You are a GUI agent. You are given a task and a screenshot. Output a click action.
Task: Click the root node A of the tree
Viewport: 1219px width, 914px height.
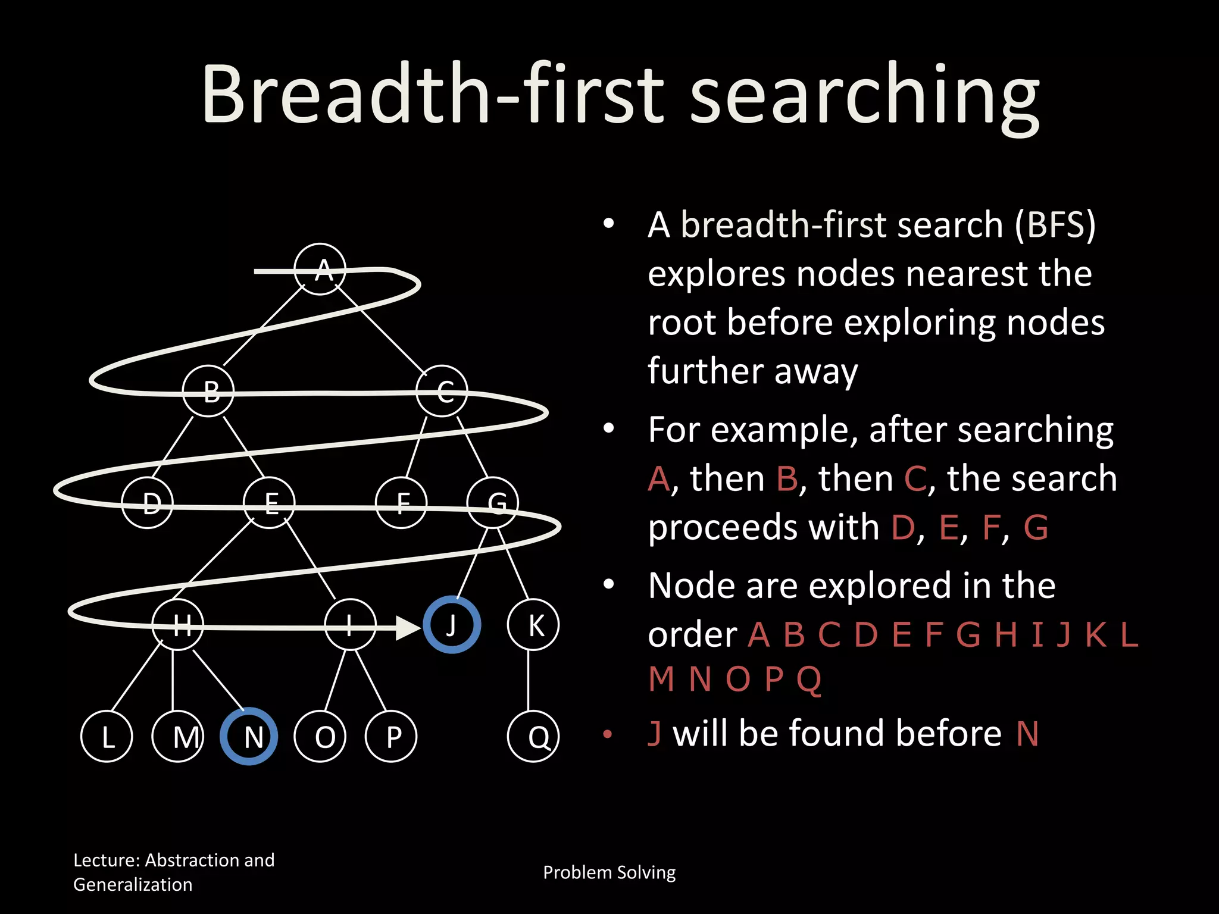(320, 269)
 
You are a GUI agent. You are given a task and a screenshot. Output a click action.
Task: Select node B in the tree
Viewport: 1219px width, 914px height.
(208, 391)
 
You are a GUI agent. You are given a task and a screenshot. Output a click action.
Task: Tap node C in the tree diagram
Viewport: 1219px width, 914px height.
(442, 391)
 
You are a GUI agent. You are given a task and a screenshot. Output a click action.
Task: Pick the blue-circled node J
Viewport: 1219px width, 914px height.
(452, 625)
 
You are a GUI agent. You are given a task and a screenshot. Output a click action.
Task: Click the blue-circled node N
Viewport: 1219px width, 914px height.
(249, 736)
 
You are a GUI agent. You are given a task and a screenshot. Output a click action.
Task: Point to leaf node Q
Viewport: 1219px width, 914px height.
(533, 737)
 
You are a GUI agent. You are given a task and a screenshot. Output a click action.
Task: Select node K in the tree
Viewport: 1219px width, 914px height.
(533, 625)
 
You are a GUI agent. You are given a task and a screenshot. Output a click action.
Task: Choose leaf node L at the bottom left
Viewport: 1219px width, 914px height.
(107, 737)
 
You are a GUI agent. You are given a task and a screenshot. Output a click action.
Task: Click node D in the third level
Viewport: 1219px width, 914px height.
(147, 503)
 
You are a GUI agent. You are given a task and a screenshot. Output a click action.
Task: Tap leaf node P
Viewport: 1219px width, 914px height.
(391, 737)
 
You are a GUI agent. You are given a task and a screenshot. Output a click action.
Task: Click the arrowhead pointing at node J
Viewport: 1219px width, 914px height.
(408, 628)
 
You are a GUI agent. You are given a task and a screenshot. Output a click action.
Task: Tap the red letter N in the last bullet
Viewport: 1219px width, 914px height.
(1027, 734)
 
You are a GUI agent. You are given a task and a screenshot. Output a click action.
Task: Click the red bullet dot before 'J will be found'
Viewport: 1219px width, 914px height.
(608, 734)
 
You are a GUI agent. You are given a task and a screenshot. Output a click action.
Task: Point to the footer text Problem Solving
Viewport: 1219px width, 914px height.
(609, 872)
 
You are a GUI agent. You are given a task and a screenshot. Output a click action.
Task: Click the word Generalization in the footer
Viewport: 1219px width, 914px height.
(133, 885)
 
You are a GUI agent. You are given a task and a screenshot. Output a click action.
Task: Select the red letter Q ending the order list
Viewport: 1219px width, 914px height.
(809, 679)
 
